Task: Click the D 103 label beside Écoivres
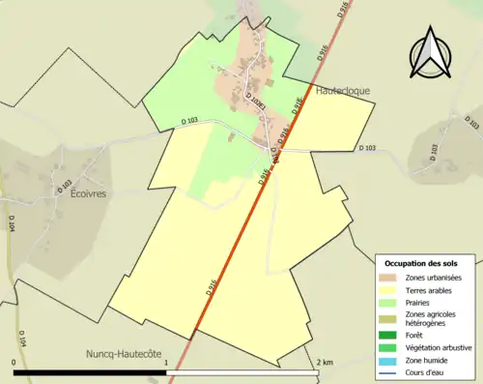(x=65, y=183)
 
